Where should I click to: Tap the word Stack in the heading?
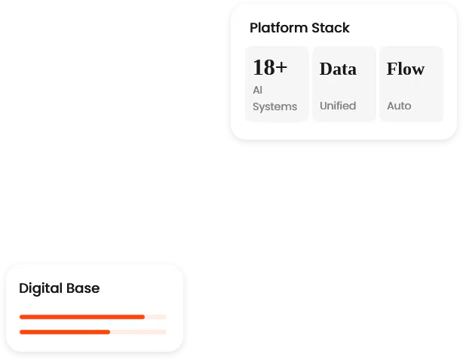click(331, 28)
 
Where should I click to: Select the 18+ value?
click(270, 67)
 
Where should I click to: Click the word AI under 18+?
click(257, 90)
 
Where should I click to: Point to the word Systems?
click(275, 106)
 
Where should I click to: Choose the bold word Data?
click(338, 69)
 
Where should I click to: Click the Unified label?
click(338, 106)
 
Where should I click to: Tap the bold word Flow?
click(406, 69)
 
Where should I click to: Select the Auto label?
click(399, 106)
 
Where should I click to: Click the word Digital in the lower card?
click(41, 288)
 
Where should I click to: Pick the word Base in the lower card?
click(83, 288)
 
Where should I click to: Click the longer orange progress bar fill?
click(82, 317)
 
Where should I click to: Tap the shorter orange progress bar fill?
click(65, 332)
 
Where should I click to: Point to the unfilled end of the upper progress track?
click(155, 317)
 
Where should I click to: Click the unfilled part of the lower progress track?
click(138, 332)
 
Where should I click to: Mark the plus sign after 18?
click(281, 67)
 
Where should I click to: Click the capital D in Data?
click(325, 69)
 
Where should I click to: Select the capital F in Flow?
click(391, 69)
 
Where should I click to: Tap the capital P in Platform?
click(253, 28)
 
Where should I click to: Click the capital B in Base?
click(71, 288)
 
